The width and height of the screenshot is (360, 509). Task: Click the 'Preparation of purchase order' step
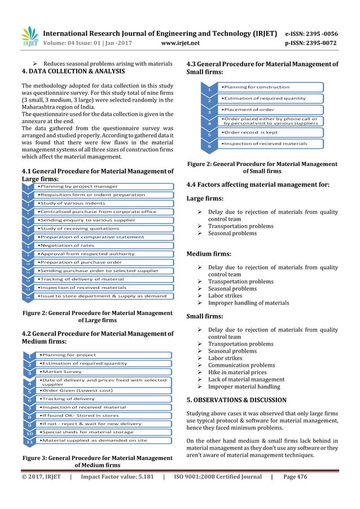[78, 262]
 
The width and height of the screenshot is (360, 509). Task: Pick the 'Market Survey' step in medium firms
[62, 371]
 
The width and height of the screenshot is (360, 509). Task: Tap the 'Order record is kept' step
[250, 132]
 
